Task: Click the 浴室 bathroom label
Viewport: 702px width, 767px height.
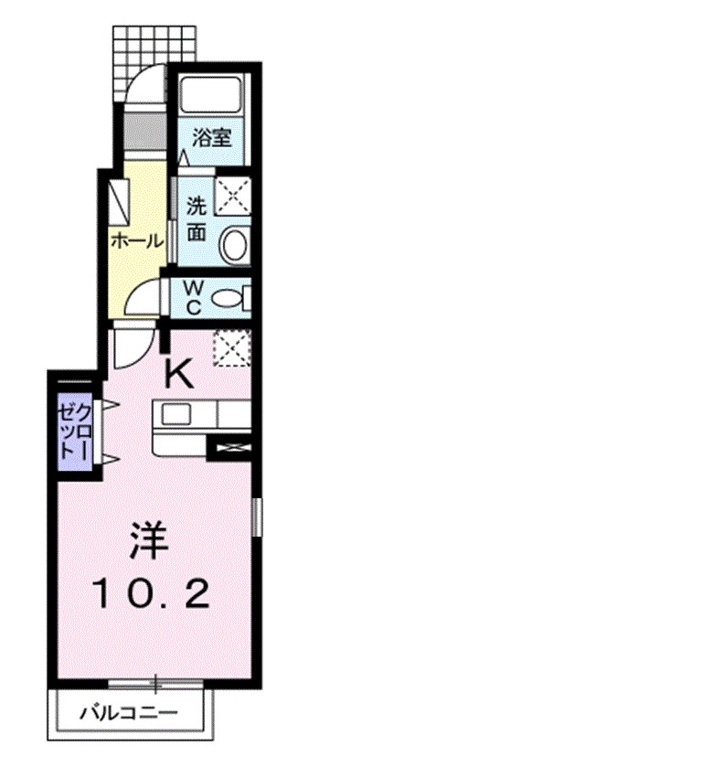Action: click(211, 139)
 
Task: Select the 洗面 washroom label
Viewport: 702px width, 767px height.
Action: click(197, 218)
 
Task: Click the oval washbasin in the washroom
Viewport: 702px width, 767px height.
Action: click(234, 244)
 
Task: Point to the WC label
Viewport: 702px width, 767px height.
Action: click(193, 297)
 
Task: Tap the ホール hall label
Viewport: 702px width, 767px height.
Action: click(137, 241)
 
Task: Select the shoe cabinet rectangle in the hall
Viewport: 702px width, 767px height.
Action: click(118, 200)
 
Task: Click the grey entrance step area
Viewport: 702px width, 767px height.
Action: click(141, 123)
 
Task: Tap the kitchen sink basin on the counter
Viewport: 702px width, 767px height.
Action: click(175, 416)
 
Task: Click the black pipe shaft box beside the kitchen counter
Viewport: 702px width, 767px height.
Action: click(229, 447)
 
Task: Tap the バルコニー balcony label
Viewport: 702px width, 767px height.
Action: click(128, 711)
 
